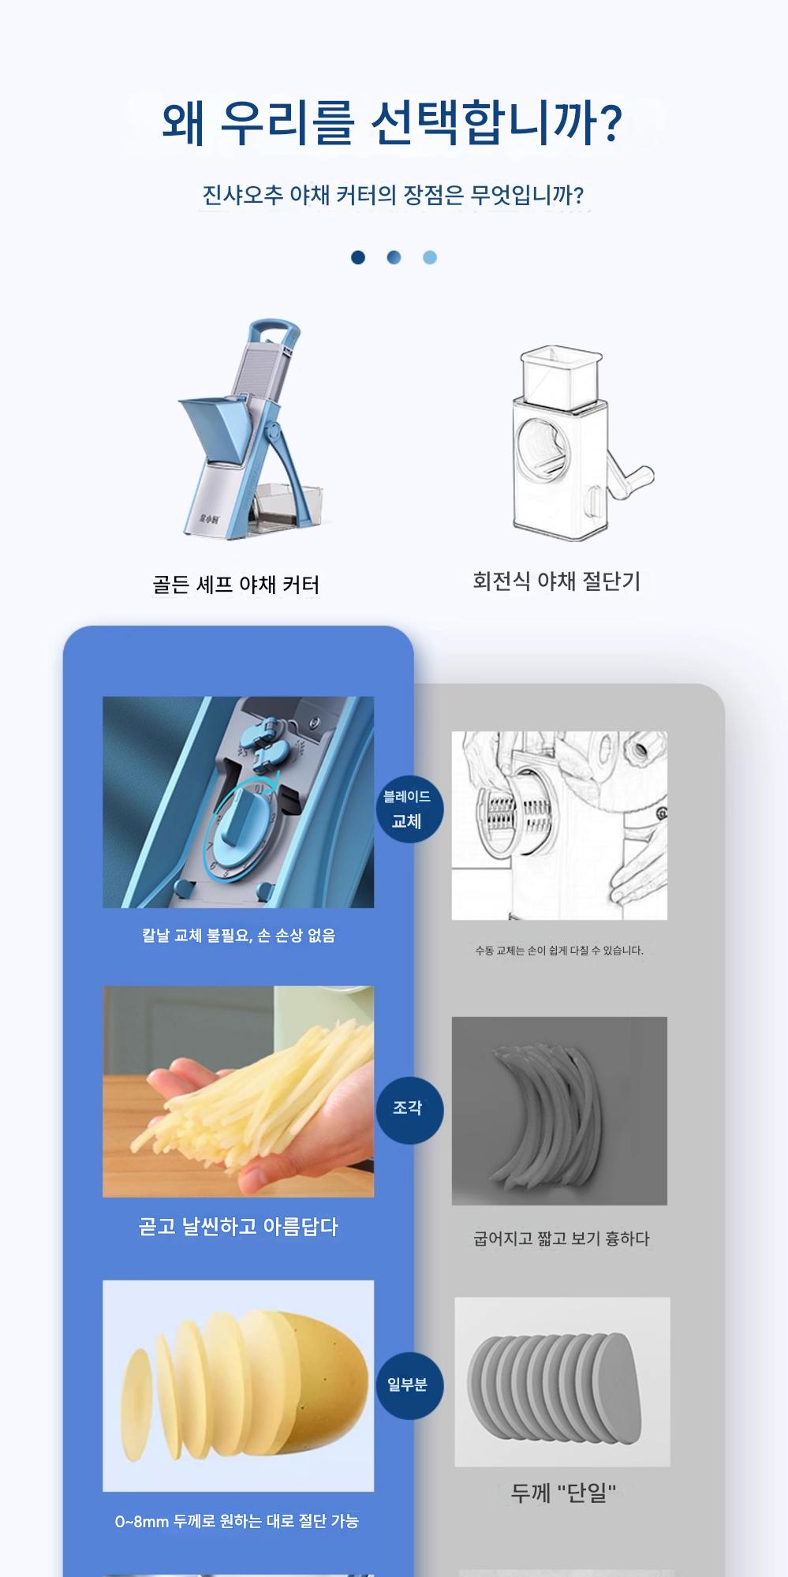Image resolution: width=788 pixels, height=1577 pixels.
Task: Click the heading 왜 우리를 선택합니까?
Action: (x=392, y=122)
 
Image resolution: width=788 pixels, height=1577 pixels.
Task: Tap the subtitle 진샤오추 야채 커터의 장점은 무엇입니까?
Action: (x=393, y=195)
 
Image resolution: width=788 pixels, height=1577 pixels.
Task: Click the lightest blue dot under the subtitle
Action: (x=429, y=257)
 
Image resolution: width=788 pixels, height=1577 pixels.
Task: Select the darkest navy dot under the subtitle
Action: (x=358, y=257)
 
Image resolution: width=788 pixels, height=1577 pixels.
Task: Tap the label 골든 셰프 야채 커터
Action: (x=236, y=585)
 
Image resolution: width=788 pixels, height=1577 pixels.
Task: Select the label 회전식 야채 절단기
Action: (x=556, y=581)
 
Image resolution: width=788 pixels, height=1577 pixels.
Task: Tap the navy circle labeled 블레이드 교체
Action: (x=408, y=809)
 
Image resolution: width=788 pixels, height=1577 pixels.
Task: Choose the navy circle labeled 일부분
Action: (x=408, y=1385)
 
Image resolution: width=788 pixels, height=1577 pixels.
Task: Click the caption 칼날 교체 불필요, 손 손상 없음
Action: (x=238, y=936)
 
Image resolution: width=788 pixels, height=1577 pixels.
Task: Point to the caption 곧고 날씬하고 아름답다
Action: (x=238, y=1227)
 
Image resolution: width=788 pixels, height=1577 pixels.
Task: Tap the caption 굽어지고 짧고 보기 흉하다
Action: (x=561, y=1239)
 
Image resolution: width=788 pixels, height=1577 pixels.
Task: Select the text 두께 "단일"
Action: (x=563, y=1493)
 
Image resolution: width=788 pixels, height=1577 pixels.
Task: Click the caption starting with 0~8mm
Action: (x=237, y=1521)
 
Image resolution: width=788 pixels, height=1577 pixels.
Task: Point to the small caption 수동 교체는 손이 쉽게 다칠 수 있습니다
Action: (x=559, y=951)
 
